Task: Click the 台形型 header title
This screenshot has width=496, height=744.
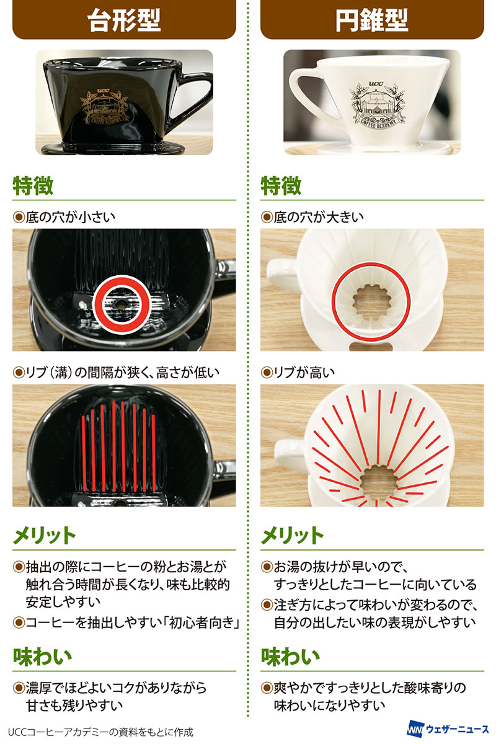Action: (124, 21)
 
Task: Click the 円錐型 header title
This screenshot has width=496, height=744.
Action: (372, 21)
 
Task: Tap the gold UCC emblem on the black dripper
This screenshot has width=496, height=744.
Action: (104, 106)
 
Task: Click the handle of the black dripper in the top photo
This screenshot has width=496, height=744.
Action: (196, 96)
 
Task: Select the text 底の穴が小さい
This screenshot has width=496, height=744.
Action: (70, 217)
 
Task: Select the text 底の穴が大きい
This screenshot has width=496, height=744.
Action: (318, 217)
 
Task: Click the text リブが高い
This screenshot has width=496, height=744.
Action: (304, 373)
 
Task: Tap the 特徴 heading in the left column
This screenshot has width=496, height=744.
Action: (33, 185)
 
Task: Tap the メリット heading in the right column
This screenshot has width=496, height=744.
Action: (292, 536)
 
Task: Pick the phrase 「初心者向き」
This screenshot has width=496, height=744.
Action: (203, 622)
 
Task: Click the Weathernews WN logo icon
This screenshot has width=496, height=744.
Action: (415, 728)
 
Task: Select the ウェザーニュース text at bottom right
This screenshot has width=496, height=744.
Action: (458, 728)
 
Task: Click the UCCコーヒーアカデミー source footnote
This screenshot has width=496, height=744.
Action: (100, 732)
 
